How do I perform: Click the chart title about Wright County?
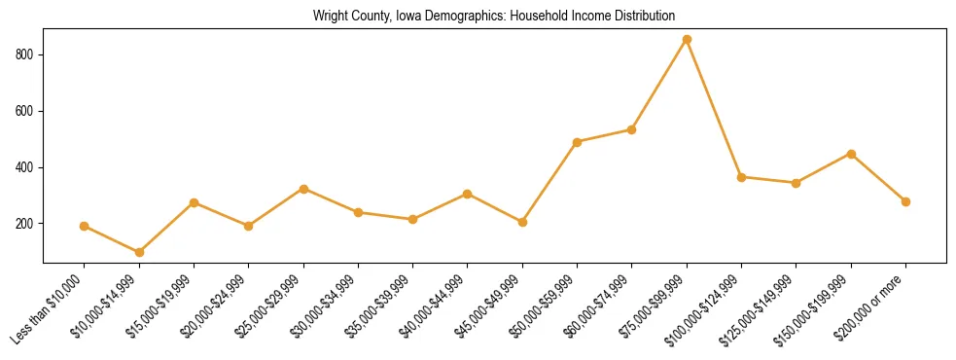point(493,16)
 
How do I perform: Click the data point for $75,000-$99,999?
point(687,39)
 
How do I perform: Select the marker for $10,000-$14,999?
point(139,252)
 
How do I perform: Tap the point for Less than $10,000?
point(85,226)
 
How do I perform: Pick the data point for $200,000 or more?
point(905,201)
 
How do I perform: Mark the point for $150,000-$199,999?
point(851,154)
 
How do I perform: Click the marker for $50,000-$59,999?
point(578,142)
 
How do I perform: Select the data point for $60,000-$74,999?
point(632,129)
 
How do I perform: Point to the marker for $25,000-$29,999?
point(303,189)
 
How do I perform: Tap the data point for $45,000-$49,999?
point(522,222)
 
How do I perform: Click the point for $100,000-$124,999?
point(741,177)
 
